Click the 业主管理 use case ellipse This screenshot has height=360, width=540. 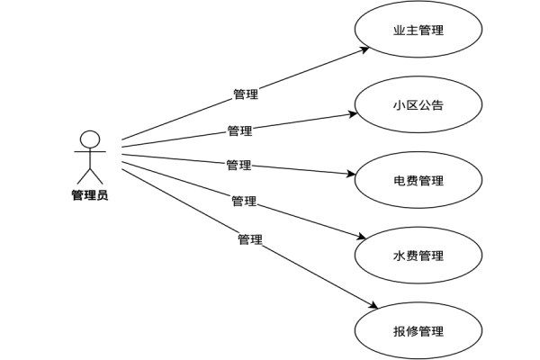[418, 31]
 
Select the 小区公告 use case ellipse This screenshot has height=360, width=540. [418, 105]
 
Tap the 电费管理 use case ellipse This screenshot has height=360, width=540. [418, 181]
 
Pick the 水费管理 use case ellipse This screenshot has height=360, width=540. [418, 256]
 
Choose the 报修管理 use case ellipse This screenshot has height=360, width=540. [418, 330]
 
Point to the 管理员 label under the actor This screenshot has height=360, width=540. [89, 194]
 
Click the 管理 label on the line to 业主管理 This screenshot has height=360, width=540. [246, 94]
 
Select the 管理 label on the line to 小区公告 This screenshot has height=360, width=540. [239, 130]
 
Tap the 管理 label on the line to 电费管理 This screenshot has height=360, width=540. [238, 165]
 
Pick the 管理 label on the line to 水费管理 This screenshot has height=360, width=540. [244, 201]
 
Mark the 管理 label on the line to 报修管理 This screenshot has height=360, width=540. [249, 239]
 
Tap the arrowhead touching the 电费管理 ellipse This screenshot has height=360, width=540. [353, 175]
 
